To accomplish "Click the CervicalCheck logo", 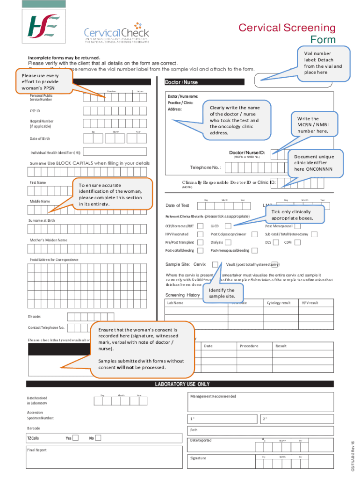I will pos(116,33).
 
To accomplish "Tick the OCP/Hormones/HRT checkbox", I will pos(200,226).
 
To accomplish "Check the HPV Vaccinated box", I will pos(200,234).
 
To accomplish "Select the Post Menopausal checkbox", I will pos(297,226).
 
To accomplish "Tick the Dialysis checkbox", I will pos(229,242).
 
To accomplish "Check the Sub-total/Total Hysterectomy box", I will pos(315,234).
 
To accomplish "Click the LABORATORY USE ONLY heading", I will pos(182,384).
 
